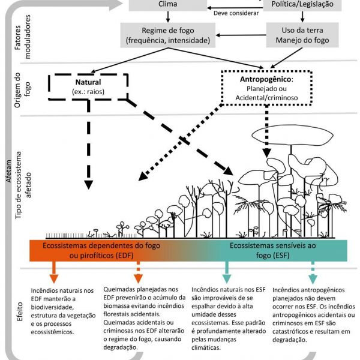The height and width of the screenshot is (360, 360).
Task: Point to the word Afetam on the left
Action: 8,180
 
